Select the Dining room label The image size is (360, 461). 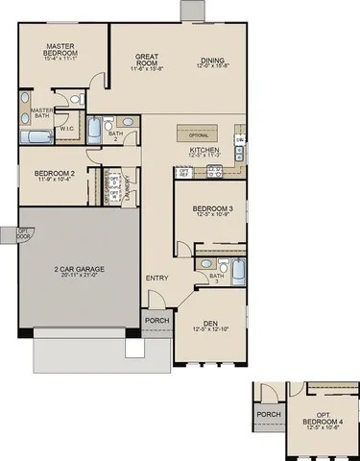pos(213,60)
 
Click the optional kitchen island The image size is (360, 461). pos(204,133)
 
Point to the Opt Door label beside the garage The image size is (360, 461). pos(9,232)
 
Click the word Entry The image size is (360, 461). pos(156,279)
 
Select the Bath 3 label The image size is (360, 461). pos(216,278)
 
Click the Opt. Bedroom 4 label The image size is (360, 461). pos(317,419)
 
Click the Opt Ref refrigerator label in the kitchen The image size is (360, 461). pos(182,173)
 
